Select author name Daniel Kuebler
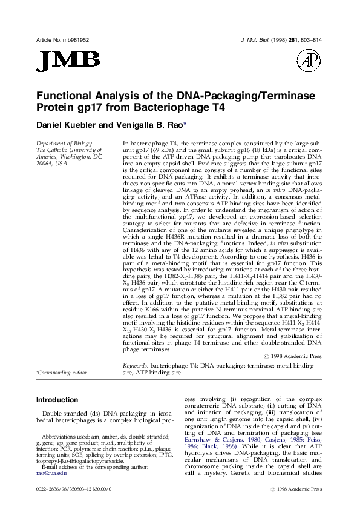[x=71, y=125]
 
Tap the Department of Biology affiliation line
[x=61, y=142]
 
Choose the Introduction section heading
[x=61, y=400]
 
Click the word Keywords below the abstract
[x=136, y=366]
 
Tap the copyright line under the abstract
[x=293, y=357]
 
